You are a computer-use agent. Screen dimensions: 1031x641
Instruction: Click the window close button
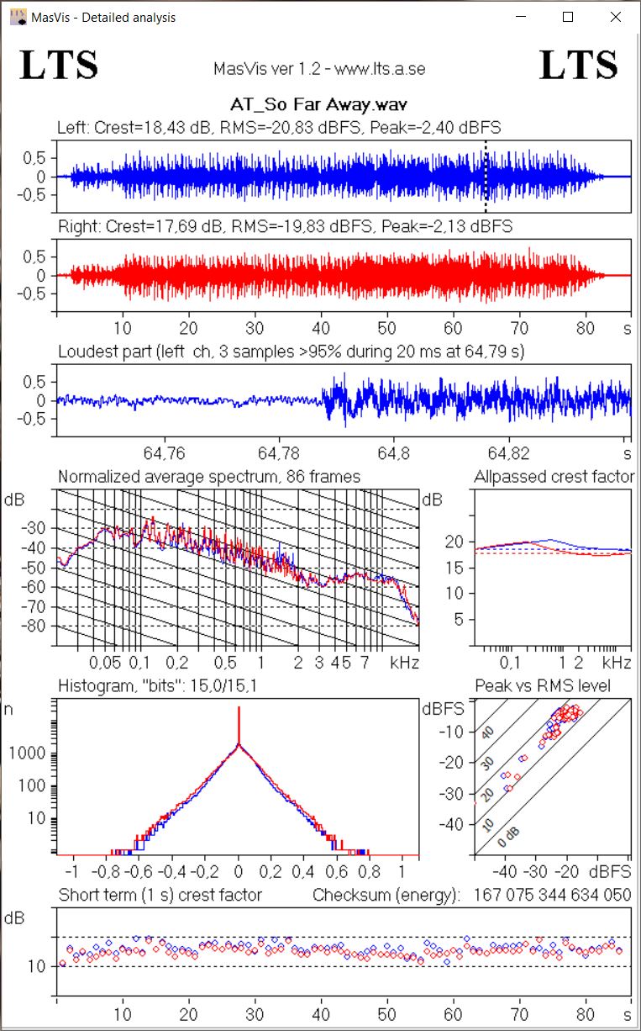pyautogui.click(x=617, y=17)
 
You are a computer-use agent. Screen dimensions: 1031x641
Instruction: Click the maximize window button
pyautogui.click(x=568, y=17)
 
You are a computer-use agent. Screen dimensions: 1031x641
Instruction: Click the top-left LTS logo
pyautogui.click(x=59, y=65)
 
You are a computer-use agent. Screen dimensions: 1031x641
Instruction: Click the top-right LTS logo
pyautogui.click(x=579, y=65)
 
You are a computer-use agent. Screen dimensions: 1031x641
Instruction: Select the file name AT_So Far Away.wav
pyautogui.click(x=320, y=106)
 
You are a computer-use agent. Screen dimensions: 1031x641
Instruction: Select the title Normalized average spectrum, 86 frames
pyautogui.click(x=209, y=477)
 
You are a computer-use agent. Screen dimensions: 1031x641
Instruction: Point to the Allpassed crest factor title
pyautogui.click(x=554, y=477)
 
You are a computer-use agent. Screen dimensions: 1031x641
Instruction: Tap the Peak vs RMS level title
pyautogui.click(x=543, y=686)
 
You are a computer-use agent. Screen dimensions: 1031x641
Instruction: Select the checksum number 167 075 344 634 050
pyautogui.click(x=553, y=896)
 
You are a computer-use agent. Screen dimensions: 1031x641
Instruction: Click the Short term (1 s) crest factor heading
pyautogui.click(x=160, y=896)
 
